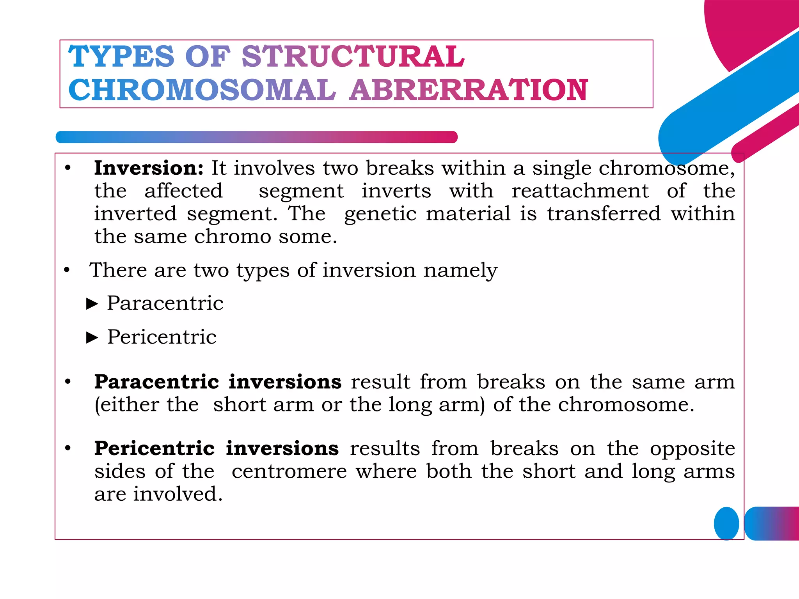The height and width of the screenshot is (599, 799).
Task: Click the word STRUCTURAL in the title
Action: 353,57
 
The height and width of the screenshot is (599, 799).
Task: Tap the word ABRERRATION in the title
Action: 468,90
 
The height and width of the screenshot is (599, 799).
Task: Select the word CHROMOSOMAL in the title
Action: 202,90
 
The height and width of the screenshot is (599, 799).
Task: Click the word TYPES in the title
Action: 121,57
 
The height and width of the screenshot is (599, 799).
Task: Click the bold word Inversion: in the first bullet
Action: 149,168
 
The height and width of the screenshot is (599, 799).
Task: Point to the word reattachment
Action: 580,191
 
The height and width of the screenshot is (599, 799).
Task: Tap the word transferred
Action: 604,214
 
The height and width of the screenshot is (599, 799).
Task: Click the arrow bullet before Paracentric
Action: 92,304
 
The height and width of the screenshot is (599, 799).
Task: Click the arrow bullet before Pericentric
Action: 92,337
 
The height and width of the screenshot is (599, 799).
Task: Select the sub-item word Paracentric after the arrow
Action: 165,303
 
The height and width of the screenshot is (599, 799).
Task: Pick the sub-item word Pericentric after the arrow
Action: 162,337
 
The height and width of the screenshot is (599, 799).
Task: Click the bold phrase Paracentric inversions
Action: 218,382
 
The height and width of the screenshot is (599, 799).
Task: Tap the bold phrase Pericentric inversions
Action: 216,448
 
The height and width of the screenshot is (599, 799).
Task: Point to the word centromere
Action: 289,471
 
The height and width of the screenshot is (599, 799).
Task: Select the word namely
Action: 460,271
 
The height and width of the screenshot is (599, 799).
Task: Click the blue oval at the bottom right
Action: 726,523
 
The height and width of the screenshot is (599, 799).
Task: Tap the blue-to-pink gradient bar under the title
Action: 256,137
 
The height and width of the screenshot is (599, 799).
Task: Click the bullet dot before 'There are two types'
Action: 67,270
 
